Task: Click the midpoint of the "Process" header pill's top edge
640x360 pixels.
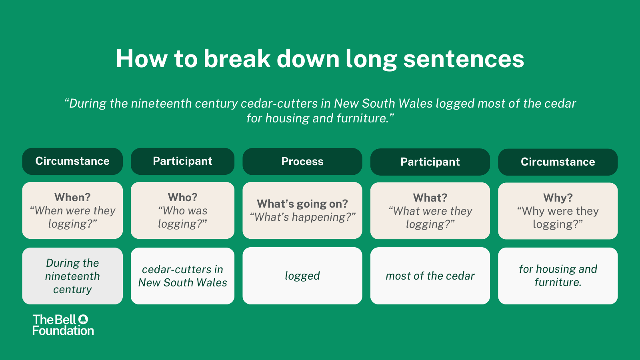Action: [302, 148]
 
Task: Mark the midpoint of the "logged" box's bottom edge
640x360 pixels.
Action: [302, 304]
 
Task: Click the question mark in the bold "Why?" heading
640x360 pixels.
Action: [569, 198]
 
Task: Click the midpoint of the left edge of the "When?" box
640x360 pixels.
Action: [22, 210]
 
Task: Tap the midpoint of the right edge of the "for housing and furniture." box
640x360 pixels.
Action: [618, 276]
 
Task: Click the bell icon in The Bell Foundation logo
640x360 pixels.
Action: [83, 319]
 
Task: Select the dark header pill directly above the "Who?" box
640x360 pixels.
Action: [182, 161]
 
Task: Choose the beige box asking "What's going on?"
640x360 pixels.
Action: [302, 210]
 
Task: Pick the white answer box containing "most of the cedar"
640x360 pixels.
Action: [430, 276]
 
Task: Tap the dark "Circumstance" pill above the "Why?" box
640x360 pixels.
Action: [558, 162]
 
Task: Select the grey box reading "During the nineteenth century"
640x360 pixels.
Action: [72, 276]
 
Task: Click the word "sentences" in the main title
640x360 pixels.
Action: [464, 59]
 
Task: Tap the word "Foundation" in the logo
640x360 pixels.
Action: [63, 330]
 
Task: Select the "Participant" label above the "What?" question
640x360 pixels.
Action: [430, 162]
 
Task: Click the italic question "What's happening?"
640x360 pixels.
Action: [302, 217]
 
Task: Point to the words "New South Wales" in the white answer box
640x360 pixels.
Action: [182, 282]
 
